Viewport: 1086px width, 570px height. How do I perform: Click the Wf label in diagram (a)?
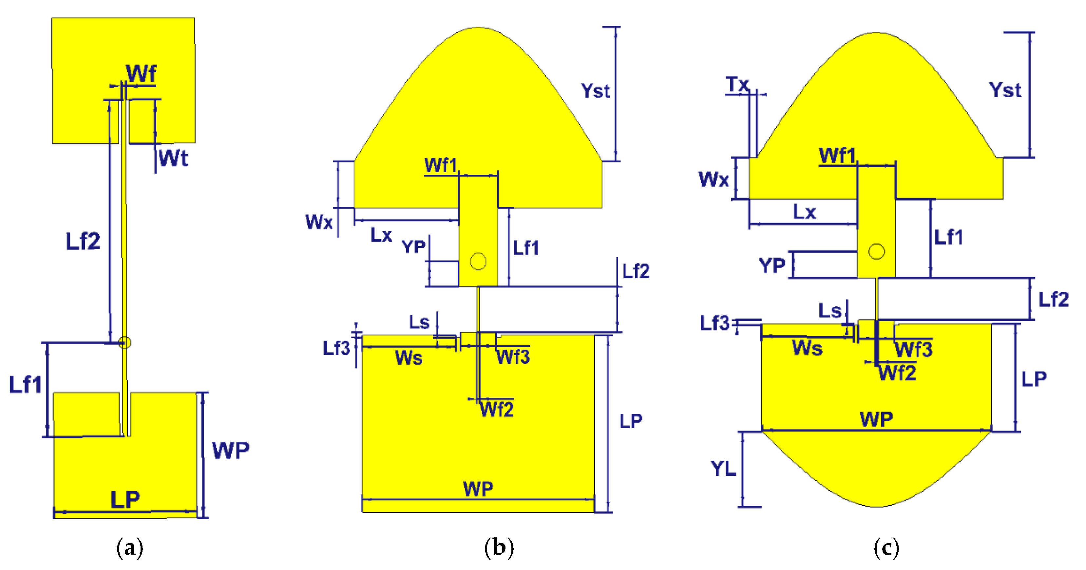141,73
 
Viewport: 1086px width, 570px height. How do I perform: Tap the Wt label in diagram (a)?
173,158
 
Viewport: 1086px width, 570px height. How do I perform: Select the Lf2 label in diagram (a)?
83,241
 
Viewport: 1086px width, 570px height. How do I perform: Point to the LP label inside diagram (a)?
125,500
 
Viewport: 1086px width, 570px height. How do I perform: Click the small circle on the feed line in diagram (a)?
124,342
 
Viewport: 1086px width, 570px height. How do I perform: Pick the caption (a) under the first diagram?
129,548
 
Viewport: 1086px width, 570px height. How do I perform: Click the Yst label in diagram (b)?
595,91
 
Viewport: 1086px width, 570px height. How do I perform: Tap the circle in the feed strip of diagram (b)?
478,261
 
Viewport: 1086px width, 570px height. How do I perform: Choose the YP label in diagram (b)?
413,247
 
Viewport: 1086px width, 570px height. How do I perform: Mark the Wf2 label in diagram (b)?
497,410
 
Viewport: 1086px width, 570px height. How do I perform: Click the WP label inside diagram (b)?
478,489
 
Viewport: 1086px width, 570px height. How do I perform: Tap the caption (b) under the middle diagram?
499,548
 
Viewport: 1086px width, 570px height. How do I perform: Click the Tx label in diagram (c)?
737,84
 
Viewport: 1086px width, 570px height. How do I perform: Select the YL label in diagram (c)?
723,469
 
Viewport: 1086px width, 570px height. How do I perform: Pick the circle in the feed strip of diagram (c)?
876,251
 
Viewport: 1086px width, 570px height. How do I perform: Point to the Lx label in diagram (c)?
804,212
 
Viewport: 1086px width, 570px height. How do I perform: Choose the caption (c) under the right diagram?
886,548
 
